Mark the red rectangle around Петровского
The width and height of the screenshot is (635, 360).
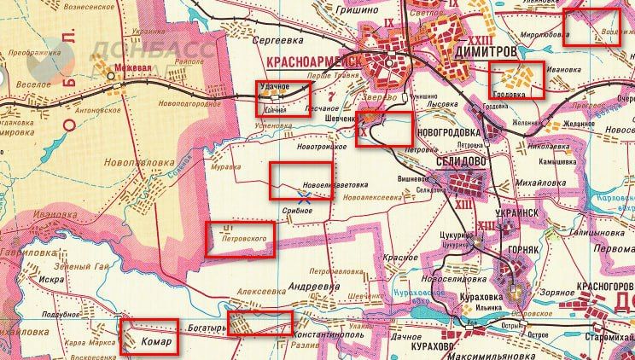[x=242, y=239]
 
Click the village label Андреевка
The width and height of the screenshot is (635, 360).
[x=312, y=287]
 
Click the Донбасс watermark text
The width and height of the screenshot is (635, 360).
[x=154, y=49]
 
